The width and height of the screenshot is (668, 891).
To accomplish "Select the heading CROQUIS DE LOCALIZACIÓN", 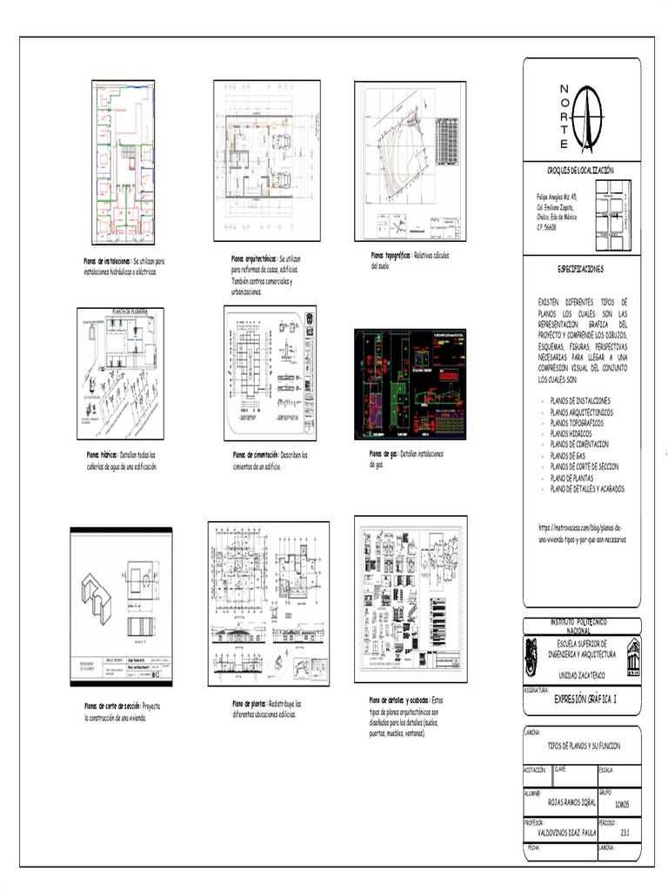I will [581, 171].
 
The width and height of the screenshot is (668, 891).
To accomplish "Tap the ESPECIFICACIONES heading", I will [581, 270].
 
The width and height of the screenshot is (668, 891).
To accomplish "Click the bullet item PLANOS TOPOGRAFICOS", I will [577, 422].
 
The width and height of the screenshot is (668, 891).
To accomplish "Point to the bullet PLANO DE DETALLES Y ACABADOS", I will [587, 489].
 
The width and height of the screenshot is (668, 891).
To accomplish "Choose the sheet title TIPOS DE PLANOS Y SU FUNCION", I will [582, 747].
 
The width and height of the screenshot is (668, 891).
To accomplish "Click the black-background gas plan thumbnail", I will [410, 384].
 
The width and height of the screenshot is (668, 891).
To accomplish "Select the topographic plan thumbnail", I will [410, 162].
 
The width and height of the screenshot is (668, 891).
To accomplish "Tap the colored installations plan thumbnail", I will [124, 163].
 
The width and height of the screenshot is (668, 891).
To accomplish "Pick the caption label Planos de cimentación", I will [255, 455].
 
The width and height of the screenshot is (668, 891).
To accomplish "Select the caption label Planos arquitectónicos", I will [253, 259].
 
